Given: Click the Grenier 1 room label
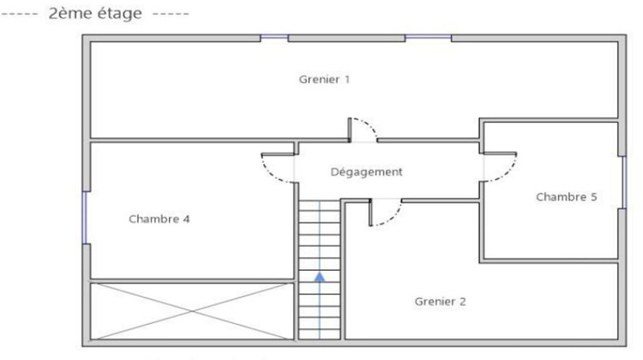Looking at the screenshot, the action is click(x=324, y=79).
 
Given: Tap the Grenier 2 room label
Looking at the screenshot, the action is click(x=440, y=302).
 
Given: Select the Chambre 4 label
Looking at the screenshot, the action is click(x=159, y=219).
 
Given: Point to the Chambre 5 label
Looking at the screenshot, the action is click(x=567, y=197).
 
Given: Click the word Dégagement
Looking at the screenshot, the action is click(x=366, y=171).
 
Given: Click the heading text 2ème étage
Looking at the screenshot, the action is click(x=95, y=13).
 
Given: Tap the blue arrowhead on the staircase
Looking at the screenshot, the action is click(x=320, y=277).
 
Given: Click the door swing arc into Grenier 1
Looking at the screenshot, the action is click(x=366, y=128).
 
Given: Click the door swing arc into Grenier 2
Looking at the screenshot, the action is click(x=388, y=214).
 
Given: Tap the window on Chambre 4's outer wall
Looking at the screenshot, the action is click(x=85, y=218).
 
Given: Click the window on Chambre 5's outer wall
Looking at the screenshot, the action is click(x=624, y=183).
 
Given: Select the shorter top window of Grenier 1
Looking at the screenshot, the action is click(x=274, y=38).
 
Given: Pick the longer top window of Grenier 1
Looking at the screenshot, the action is click(x=428, y=38).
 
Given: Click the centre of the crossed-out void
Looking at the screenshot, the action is click(x=192, y=311).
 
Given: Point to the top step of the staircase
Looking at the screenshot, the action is click(x=320, y=206).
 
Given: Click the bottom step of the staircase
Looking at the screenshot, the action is click(x=320, y=333).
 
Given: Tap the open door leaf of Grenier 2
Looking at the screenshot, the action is click(x=370, y=213).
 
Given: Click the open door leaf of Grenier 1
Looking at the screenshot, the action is click(x=350, y=129).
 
